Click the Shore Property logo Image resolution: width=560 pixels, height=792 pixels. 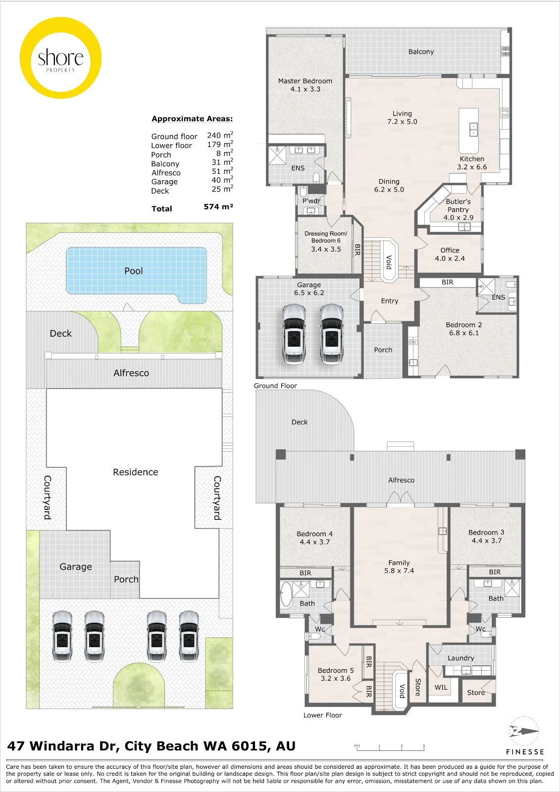point(60,57)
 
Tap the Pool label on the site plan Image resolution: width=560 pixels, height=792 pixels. point(134,271)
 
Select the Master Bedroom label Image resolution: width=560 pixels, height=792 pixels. point(305,81)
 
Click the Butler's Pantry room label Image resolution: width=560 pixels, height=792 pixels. point(458,205)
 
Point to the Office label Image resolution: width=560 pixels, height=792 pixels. point(450,250)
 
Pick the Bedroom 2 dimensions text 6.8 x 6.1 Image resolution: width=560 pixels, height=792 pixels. point(464,333)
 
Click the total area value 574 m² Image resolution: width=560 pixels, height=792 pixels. point(218,206)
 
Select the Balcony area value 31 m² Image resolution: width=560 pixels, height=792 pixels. point(222,162)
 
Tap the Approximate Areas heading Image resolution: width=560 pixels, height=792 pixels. point(192,119)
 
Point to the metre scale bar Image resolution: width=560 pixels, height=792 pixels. point(390,747)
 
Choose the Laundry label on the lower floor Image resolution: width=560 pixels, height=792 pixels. point(460,658)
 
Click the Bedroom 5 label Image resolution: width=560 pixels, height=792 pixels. point(335,670)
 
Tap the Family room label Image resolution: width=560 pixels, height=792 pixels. point(399,562)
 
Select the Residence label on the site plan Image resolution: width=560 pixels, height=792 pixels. point(136,472)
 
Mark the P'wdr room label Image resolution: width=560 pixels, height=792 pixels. point(311,201)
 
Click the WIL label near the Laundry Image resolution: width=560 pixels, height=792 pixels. point(441,688)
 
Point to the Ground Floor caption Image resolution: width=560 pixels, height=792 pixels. point(275,386)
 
